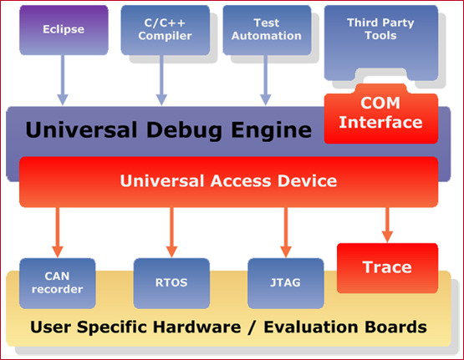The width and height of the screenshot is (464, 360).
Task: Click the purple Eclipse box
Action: coord(64,30)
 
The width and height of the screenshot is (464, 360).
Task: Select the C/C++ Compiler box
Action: coord(166,30)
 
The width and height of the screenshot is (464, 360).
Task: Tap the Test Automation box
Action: coord(267,30)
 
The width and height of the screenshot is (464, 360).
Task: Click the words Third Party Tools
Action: coord(380,29)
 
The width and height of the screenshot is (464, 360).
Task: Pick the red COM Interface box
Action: coord(381,114)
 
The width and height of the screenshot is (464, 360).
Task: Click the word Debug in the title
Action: coord(184,130)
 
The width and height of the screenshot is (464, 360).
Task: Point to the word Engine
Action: coord(272,130)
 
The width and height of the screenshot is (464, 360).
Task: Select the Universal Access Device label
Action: coord(228,180)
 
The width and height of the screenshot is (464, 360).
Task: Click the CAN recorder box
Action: coord(58,283)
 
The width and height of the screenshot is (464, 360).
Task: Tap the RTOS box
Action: coord(171,283)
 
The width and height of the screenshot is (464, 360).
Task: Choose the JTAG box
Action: coord(286,283)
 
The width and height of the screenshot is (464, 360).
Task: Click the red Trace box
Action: coord(387,268)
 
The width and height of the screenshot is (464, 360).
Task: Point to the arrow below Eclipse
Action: coord(63,80)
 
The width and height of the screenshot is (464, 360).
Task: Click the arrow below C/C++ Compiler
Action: coord(161,80)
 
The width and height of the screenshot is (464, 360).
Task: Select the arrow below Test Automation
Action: coord(265,80)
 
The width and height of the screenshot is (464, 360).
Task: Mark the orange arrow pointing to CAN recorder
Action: coord(58,232)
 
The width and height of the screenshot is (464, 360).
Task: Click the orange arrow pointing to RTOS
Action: coord(171,232)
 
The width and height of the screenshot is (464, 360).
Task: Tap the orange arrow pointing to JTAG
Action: coord(286,232)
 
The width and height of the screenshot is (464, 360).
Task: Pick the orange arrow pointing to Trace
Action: coord(387,225)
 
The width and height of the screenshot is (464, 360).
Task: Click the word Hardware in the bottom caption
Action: coord(197,327)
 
